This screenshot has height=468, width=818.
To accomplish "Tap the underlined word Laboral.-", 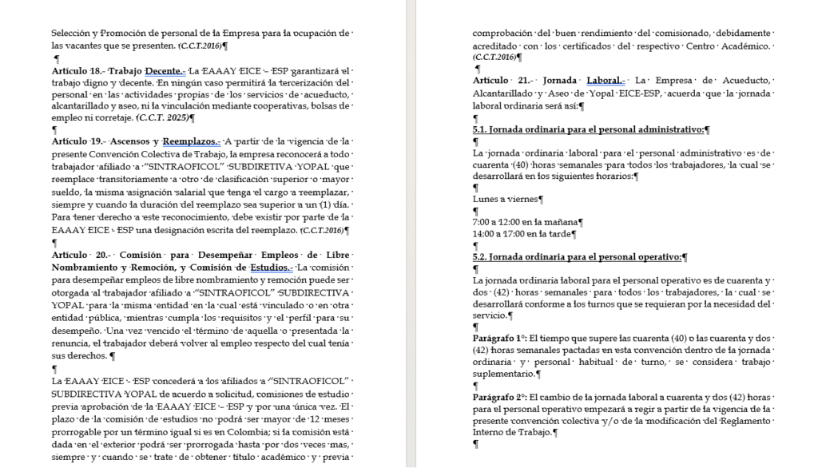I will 605,81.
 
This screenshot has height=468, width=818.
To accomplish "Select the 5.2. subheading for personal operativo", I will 577,256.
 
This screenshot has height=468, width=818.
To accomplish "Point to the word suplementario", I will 504,373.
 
